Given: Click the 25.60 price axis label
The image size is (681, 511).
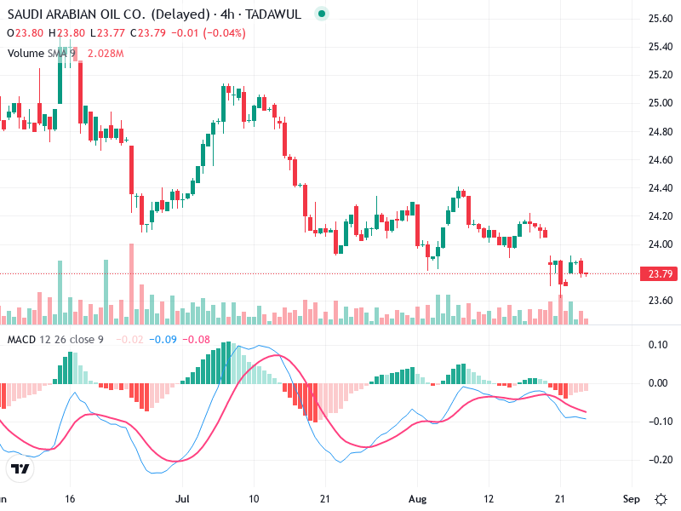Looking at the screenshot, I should coord(661,19).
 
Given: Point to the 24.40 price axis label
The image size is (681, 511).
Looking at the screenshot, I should coord(661,187).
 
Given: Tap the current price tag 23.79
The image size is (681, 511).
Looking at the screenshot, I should coord(661,273).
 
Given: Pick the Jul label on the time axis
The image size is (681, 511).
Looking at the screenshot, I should coord(182,498).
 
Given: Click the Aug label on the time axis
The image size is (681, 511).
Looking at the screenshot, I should coord(417,498).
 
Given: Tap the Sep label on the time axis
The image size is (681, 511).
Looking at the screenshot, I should coord(630,498).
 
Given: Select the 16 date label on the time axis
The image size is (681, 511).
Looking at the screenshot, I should coord(71,498).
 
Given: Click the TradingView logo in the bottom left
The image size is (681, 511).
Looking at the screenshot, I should coord(20,468).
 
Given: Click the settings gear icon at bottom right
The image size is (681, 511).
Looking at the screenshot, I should coord(661,498).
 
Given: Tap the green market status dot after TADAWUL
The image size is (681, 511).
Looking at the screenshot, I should coord(320,14).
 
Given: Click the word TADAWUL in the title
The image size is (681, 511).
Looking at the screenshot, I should coord(273,14).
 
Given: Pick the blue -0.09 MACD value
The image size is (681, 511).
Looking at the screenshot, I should coord(163,341).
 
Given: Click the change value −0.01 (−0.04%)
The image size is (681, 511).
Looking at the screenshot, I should coord(207,33).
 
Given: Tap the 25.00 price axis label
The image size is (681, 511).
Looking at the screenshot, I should coord(661,103).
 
